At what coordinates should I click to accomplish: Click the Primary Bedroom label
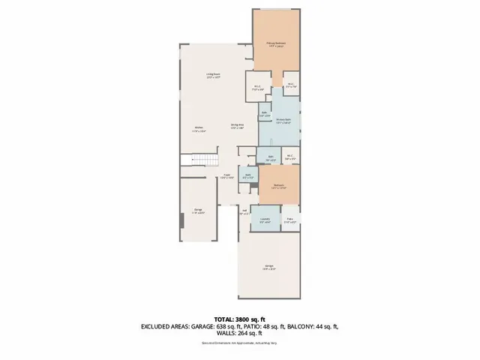276,44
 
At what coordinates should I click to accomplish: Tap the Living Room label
214,75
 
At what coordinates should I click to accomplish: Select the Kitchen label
199,128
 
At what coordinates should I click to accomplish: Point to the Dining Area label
238,126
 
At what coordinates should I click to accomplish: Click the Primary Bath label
283,121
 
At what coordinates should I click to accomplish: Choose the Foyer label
226,176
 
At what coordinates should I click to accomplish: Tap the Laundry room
265,221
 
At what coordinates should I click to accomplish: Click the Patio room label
290,221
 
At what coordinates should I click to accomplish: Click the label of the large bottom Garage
269,267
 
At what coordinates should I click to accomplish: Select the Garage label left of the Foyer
199,211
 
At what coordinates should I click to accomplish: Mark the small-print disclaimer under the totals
239,343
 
